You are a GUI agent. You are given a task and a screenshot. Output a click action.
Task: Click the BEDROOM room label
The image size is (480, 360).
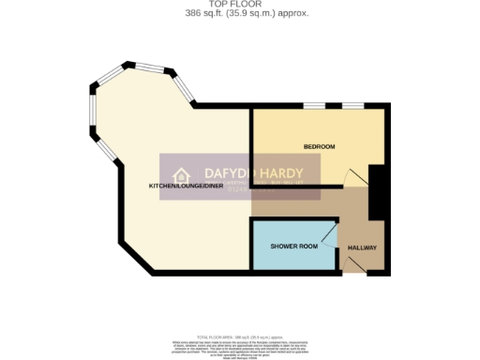tap(319, 147)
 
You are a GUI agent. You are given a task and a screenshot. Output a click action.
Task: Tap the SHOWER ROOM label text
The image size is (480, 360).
tap(290, 247)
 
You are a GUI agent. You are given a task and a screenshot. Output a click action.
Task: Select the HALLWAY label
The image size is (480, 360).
tap(362, 247)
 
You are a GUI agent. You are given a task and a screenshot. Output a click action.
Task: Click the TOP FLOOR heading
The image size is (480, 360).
tap(240, 5)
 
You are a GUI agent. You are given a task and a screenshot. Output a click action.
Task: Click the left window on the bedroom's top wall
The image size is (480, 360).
tap(314, 105)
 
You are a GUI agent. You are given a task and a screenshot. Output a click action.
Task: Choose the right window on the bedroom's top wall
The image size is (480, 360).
tap(353, 105)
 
